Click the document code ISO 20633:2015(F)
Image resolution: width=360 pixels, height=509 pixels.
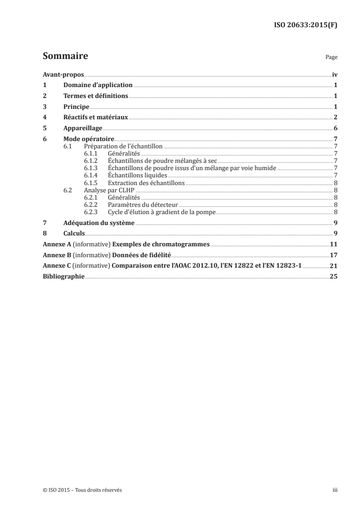306,25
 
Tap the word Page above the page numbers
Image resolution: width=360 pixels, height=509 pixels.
331,58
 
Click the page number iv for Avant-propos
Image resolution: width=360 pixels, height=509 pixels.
335,74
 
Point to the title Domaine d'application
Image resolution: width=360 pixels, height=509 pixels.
98,85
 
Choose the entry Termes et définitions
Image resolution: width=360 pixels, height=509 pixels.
96,96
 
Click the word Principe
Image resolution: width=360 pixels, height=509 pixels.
76,107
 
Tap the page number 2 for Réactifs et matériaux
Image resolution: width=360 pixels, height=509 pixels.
335,117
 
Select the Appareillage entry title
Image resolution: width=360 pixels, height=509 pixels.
83,128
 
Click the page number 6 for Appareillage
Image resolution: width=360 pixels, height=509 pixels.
335,128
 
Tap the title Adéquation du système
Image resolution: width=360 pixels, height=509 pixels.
99,223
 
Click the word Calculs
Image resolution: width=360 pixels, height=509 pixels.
74,234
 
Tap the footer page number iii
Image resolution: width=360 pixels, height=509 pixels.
335,490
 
